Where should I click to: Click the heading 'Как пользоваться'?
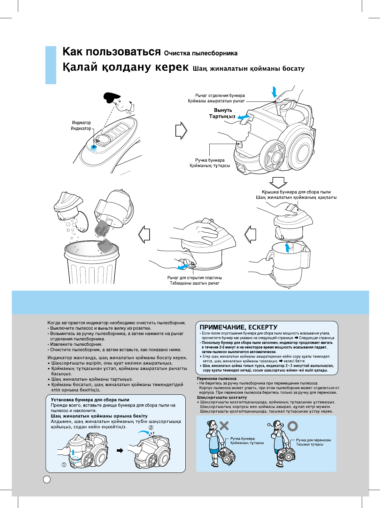coord(112,52)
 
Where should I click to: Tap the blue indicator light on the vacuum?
coord(94,147)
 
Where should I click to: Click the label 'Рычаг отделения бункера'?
coord(220,95)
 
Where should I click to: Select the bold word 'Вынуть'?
coord(223,110)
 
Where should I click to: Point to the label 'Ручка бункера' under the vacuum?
coord(210,160)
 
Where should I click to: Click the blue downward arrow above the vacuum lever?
coord(274,92)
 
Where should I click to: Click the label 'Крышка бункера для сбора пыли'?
coord(296,192)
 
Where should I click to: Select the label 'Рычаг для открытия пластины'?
coord(194,278)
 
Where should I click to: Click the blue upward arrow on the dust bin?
coord(288,247)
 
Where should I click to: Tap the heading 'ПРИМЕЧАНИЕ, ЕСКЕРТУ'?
coord(238,327)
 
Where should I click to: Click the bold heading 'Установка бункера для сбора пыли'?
coord(90,400)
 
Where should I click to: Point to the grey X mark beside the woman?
coord(224,425)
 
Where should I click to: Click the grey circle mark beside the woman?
coord(292,426)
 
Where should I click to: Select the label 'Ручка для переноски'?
coord(313,440)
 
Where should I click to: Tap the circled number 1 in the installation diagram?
coord(64,465)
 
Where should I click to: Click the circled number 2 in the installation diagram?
coord(151,427)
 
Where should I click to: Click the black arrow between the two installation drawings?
coord(120,450)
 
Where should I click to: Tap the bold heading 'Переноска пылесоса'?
coord(217,379)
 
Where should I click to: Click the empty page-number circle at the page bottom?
coord(47,479)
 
